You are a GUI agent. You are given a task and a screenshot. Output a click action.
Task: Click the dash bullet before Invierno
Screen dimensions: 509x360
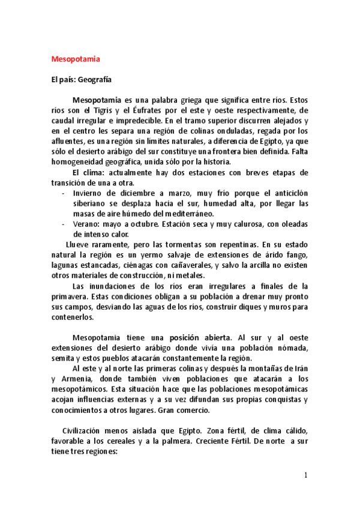[64, 193]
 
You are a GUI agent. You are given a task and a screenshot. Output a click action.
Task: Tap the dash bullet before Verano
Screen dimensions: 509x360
[64, 224]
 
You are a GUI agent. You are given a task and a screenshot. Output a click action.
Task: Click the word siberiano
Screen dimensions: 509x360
[91, 203]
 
